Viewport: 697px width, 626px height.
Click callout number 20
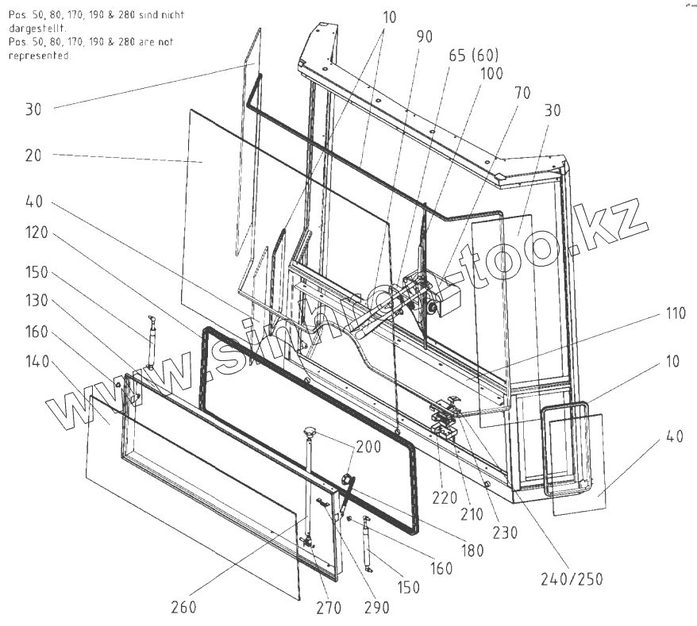click(x=33, y=156)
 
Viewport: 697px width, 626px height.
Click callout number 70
click(x=522, y=92)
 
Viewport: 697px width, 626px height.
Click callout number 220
click(x=445, y=498)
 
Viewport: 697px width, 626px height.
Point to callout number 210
click(x=472, y=514)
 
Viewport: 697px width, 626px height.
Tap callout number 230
click(x=505, y=533)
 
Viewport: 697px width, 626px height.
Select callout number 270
click(x=328, y=609)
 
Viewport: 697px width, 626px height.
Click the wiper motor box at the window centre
click(x=445, y=298)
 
